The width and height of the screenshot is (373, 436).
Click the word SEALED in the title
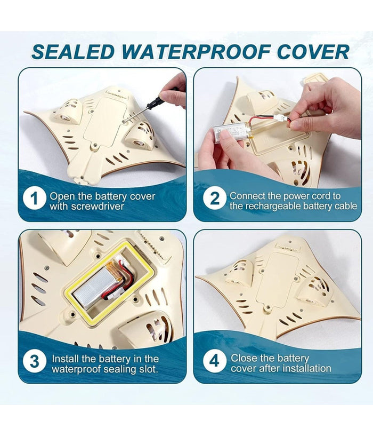[x=73, y=52]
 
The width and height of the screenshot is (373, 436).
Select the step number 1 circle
[x=34, y=199]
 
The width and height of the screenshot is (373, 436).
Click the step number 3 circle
[x=35, y=362]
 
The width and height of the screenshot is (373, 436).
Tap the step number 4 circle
[x=214, y=361]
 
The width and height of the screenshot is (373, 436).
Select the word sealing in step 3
[x=121, y=369]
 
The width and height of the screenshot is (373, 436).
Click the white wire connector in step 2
[x=279, y=118]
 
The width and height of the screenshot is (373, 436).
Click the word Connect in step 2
[x=247, y=196]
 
